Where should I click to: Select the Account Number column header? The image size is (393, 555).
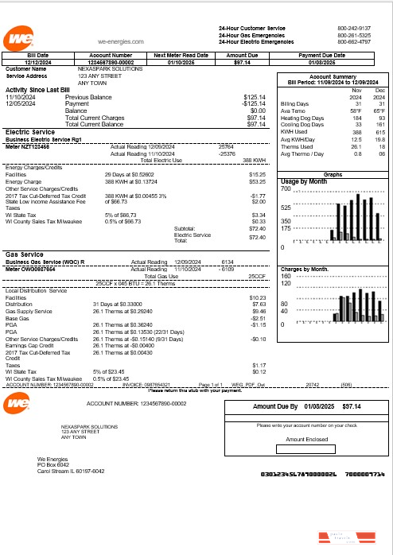103,55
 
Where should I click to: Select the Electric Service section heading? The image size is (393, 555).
29,132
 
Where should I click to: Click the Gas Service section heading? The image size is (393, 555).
25,254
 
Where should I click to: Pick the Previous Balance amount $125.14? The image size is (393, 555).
254,97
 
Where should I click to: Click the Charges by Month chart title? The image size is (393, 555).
305,270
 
